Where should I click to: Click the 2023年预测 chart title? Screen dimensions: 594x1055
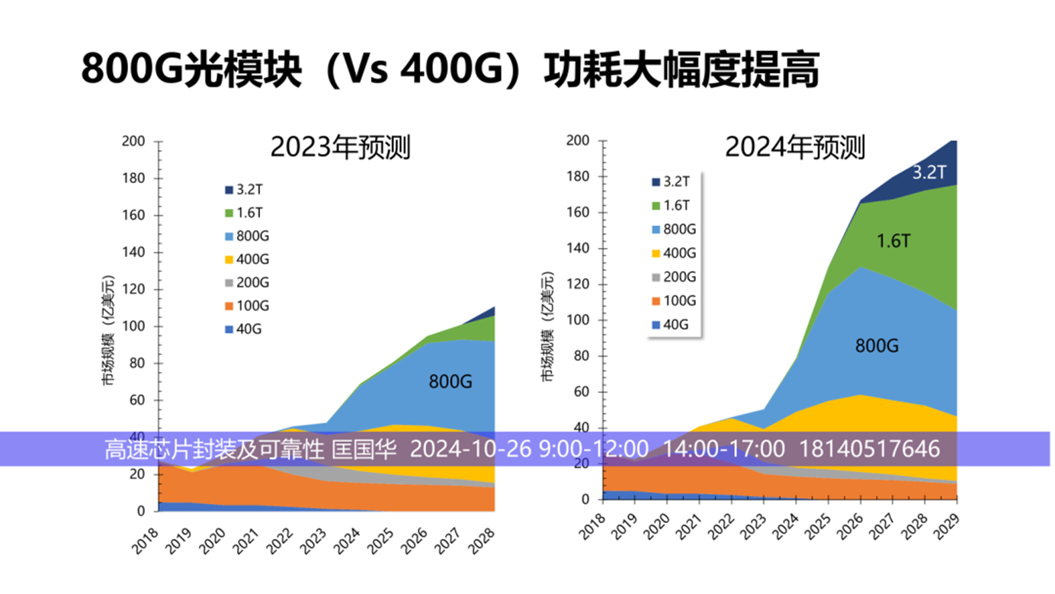[340, 147]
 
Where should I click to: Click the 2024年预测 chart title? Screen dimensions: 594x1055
[794, 147]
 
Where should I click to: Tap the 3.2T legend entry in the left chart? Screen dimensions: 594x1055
[249, 189]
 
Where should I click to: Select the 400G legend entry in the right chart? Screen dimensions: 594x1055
[672, 253]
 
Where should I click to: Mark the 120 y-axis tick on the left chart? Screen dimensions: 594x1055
[134, 290]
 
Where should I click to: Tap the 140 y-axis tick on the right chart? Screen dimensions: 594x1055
[579, 249]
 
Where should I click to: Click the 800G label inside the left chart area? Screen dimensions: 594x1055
[450, 381]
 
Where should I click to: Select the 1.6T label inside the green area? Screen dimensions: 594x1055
[893, 242]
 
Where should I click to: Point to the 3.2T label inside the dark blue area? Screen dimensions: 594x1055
[928, 172]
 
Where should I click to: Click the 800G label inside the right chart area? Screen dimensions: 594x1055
[877, 346]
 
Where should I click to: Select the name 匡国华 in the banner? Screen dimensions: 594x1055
[366, 449]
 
